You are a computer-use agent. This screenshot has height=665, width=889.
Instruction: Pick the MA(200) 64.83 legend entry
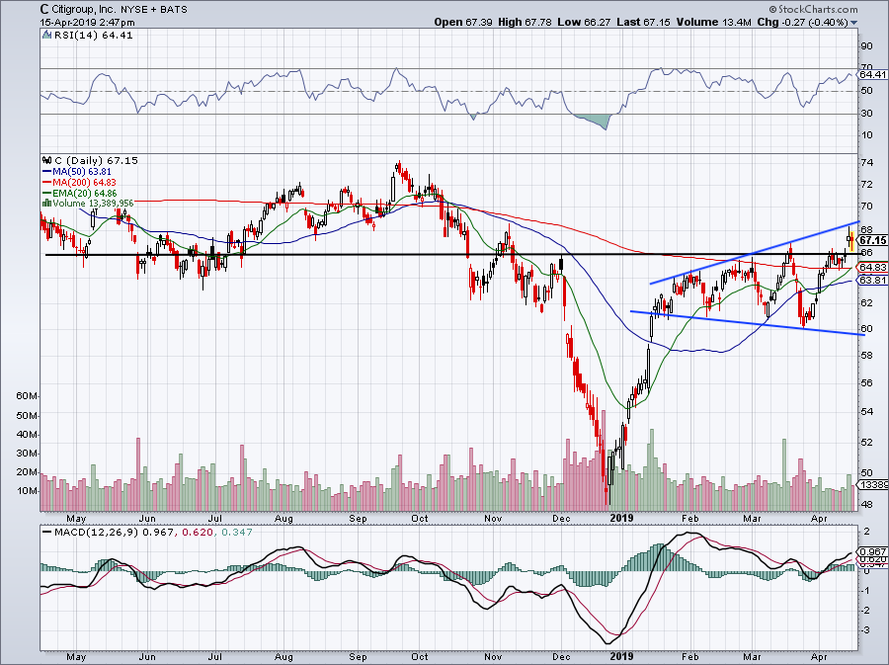click(89, 182)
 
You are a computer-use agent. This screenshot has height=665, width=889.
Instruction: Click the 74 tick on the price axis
click(866, 163)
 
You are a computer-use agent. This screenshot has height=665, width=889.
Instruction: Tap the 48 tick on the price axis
click(866, 504)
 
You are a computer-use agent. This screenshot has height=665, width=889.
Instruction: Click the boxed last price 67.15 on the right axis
click(870, 240)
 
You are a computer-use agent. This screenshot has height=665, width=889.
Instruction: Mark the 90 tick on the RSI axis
click(866, 45)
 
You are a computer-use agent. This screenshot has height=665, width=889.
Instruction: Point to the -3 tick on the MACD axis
click(866, 629)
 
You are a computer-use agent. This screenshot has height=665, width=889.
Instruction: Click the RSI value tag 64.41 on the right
click(870, 74)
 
